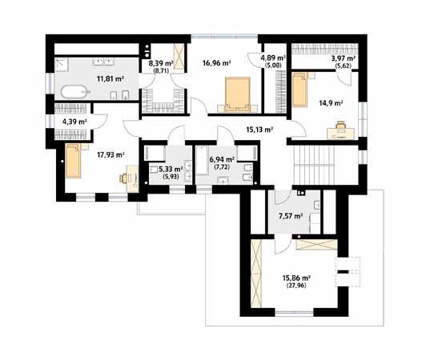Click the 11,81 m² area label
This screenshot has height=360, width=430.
click(x=111, y=79)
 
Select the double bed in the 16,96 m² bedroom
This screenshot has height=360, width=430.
click(x=238, y=94)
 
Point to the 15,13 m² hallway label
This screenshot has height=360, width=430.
click(x=259, y=130)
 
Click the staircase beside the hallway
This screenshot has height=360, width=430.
click(x=314, y=166)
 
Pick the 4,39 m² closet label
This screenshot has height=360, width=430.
click(x=74, y=122)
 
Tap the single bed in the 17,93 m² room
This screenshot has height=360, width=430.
click(x=73, y=161)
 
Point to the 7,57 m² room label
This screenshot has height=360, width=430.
click(x=291, y=216)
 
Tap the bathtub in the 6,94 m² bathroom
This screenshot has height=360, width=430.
click(x=203, y=161)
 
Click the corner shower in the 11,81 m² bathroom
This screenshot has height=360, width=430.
click(x=62, y=65)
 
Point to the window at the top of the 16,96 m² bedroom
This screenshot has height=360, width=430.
click(x=224, y=37)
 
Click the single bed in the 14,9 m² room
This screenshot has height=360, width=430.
click(x=300, y=89)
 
